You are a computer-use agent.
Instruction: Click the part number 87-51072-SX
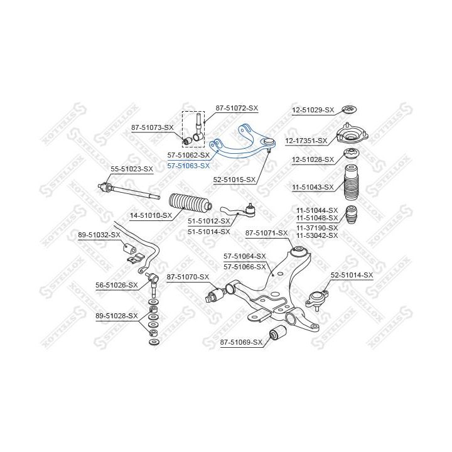point(237,108)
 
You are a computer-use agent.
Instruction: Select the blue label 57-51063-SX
point(188,166)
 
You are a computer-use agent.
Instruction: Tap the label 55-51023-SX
point(132,169)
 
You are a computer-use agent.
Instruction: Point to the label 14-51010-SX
point(151,215)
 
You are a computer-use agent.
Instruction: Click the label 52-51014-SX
point(352,276)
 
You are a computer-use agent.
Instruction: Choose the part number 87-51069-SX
point(241,342)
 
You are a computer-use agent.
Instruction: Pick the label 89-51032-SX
point(99,235)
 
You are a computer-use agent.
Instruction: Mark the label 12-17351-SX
point(306,141)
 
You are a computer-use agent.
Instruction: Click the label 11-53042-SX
point(317,235)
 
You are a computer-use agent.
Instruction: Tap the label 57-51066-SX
point(245,267)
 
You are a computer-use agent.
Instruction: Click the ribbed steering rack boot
point(191,204)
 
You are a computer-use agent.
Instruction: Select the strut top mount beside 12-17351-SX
point(352,134)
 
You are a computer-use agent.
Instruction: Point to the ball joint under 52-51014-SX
point(317,300)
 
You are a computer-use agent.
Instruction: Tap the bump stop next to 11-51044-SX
point(352,214)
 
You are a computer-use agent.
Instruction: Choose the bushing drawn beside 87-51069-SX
point(277,332)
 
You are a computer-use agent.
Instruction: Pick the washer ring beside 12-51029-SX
point(349,109)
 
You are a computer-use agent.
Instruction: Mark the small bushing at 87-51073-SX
point(188,141)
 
